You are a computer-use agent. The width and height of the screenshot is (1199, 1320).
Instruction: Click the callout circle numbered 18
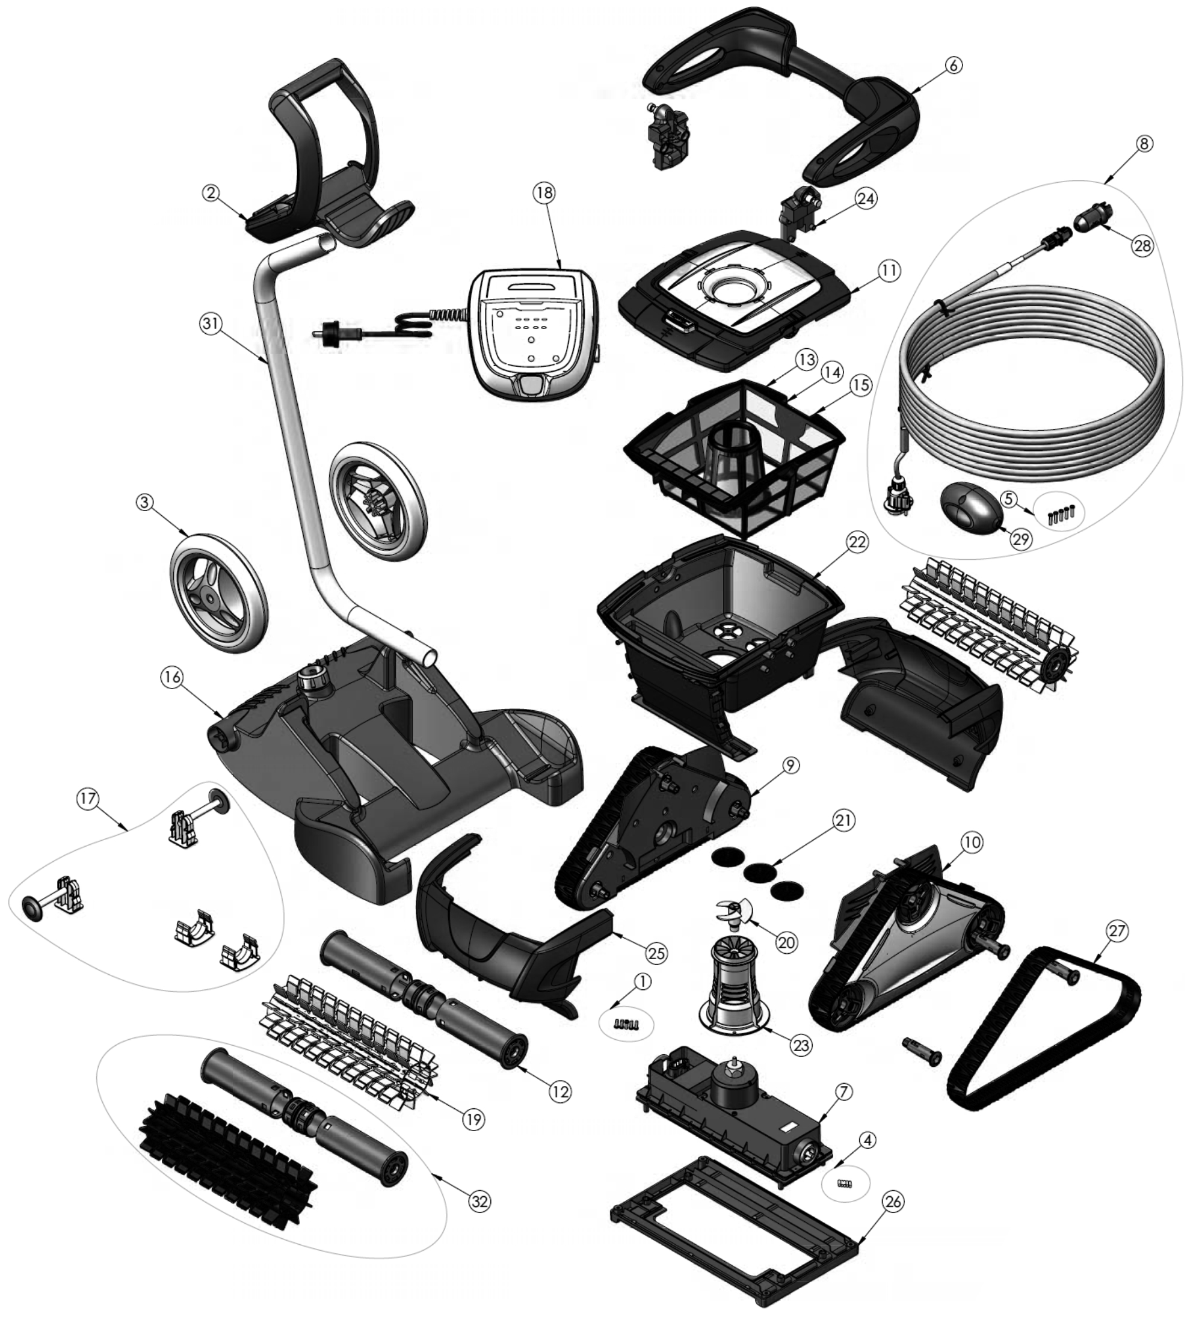tap(544, 192)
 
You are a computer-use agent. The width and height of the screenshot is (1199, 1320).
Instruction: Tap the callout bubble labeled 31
tap(212, 326)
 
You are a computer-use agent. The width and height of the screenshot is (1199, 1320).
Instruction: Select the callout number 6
tap(954, 66)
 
